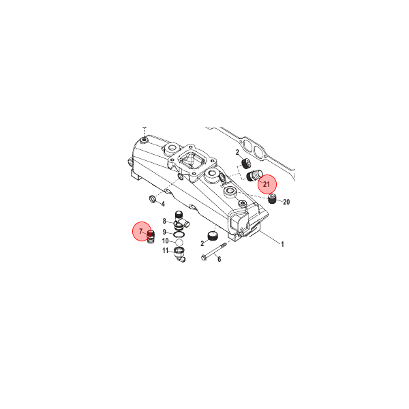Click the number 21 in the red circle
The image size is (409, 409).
point(267,184)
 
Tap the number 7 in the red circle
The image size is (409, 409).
point(141,232)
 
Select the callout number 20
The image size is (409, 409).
point(286,202)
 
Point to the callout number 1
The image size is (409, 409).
point(282,244)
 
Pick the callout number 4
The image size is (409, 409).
point(163,204)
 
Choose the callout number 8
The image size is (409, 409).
point(164,221)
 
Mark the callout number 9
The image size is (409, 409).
point(164,232)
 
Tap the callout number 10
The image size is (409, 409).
point(165,241)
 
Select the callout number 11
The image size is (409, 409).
point(165,251)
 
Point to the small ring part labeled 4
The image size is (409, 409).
point(151,199)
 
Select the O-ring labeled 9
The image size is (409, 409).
point(178,232)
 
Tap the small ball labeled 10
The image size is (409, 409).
point(178,241)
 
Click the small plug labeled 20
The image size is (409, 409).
point(273,199)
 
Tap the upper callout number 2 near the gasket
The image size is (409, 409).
point(237,153)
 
